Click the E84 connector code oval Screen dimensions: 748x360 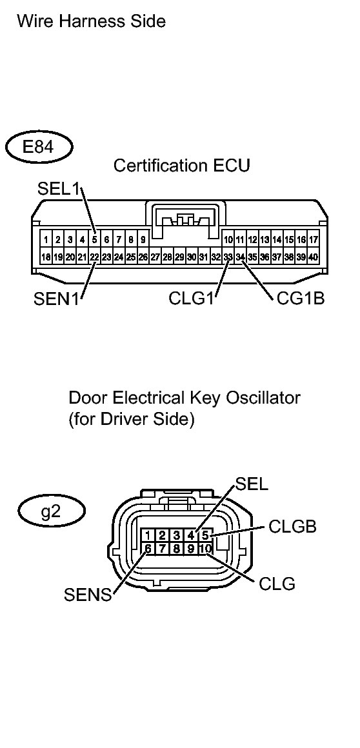click(x=38, y=147)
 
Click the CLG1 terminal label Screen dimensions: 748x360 click(x=192, y=299)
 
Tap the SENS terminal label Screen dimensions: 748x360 click(x=87, y=595)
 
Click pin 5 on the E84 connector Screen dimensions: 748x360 click(x=94, y=240)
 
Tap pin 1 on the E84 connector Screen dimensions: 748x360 click(x=46, y=240)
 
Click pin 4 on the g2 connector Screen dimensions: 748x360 click(x=191, y=535)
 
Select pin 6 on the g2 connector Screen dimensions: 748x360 click(x=148, y=549)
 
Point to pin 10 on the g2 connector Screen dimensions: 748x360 click(x=205, y=549)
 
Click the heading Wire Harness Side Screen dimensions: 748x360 click(x=91, y=22)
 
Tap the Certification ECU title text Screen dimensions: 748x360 click(x=181, y=166)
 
